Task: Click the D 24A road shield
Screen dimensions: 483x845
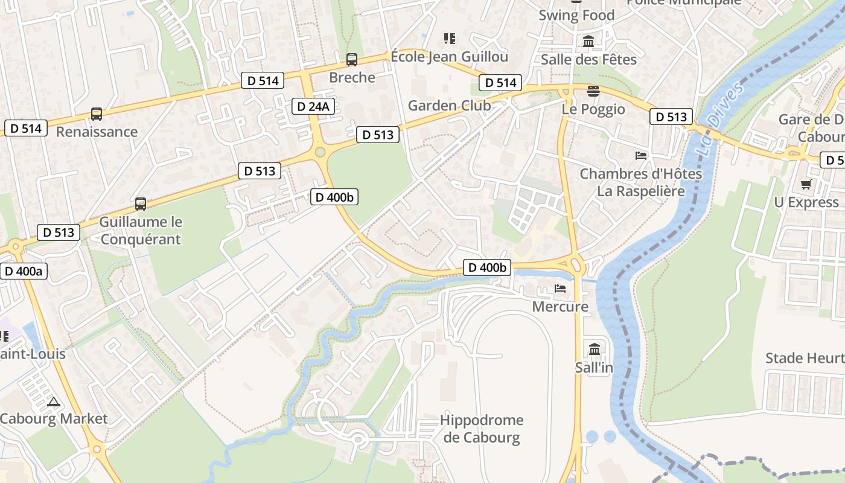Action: [313, 107]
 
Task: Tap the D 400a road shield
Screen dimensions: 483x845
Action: [24, 271]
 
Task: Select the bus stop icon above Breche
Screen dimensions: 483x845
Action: [351, 60]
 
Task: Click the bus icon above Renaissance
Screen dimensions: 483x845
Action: [96, 114]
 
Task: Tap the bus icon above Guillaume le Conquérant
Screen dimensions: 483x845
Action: [141, 204]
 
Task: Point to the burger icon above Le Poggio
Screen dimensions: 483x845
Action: [593, 91]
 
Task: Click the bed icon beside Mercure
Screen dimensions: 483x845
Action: [560, 289]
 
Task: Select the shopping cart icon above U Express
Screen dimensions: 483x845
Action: [806, 184]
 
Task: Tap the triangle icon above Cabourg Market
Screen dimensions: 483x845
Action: [54, 401]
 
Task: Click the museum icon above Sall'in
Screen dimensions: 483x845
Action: [595, 349]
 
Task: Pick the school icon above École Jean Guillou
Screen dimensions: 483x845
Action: [449, 39]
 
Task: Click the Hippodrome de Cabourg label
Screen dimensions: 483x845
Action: [482, 429]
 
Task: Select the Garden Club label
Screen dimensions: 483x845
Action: [449, 106]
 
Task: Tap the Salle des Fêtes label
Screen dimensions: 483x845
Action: [588, 59]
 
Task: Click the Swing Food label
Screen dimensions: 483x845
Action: [576, 15]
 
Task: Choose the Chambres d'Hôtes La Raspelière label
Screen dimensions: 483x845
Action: [641, 182]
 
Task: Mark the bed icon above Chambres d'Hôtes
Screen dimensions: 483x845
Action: [641, 156]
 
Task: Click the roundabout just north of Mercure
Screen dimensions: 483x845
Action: [575, 264]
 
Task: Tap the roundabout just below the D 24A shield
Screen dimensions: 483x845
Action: [320, 152]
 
